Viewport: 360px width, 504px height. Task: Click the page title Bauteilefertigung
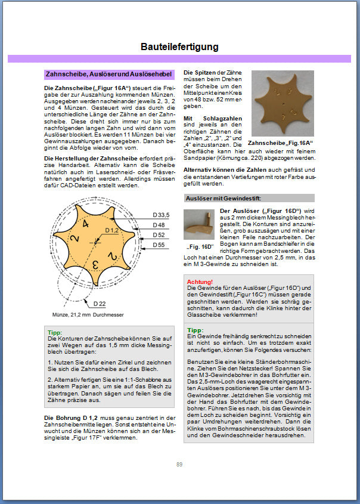coord(179,47)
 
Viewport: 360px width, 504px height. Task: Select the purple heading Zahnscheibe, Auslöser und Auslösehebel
coord(109,75)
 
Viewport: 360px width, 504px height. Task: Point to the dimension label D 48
coord(159,225)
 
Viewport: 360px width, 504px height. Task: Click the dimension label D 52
coord(159,236)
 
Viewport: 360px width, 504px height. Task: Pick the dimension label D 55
coord(159,245)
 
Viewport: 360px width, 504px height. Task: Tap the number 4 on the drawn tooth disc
coord(86,225)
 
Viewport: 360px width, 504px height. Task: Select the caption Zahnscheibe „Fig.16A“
coord(280,144)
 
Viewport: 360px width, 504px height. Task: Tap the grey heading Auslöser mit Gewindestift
coord(224,198)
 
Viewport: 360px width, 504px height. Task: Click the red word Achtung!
coord(200,281)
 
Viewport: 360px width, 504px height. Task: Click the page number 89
coord(179,465)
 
